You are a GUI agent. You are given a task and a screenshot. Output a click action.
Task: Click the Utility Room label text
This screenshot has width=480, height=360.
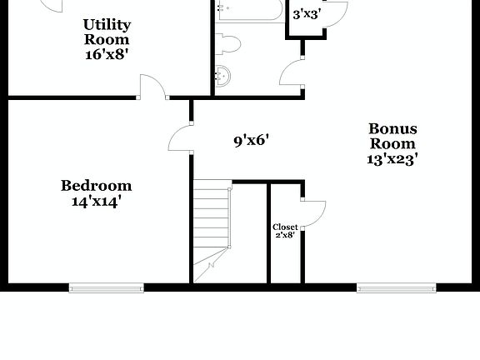pyautogui.click(x=107, y=32)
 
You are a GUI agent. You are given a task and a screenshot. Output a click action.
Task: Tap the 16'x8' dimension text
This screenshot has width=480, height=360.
pyautogui.click(x=107, y=54)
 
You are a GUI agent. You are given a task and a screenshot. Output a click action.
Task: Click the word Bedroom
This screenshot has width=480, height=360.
pyautogui.click(x=96, y=186)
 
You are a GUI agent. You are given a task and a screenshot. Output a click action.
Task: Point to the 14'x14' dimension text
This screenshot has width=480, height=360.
pyautogui.click(x=96, y=201)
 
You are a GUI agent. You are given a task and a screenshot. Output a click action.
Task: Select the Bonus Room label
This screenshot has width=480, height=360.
pyautogui.click(x=392, y=136)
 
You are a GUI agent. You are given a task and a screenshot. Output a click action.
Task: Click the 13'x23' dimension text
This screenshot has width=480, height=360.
pyautogui.click(x=392, y=158)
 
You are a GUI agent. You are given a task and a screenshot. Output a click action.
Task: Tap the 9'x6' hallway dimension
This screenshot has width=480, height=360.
pyautogui.click(x=251, y=141)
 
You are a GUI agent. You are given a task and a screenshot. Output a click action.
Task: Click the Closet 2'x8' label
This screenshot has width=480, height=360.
pyautogui.click(x=285, y=230)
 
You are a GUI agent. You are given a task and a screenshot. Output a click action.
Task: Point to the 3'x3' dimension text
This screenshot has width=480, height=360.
pyautogui.click(x=306, y=14)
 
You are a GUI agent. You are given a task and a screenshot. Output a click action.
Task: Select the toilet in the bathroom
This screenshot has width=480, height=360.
pyautogui.click(x=227, y=43)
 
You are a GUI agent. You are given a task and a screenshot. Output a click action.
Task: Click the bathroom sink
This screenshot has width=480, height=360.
pyautogui.click(x=222, y=77)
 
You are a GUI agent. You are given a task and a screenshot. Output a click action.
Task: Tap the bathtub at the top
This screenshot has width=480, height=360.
pyautogui.click(x=250, y=11)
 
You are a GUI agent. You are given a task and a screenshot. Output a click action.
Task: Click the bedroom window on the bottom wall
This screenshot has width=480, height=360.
pyautogui.click(x=106, y=288)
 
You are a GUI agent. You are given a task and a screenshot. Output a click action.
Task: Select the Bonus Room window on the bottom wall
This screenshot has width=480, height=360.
pyautogui.click(x=396, y=288)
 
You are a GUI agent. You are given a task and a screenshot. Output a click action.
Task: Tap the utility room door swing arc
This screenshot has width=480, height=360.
pyautogui.click(x=152, y=87)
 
